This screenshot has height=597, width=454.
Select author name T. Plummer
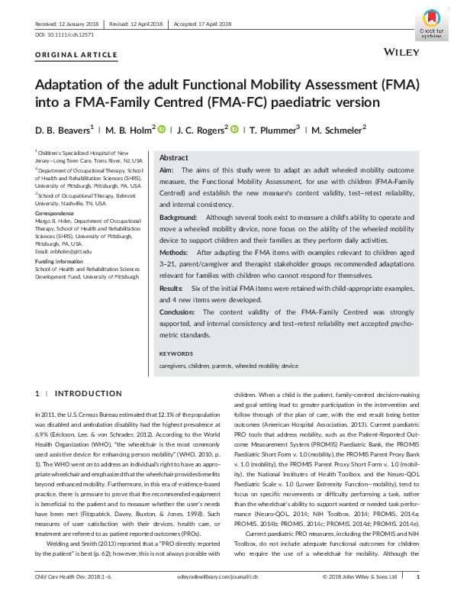coord(272,130)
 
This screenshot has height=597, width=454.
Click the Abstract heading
coord(173,157)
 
